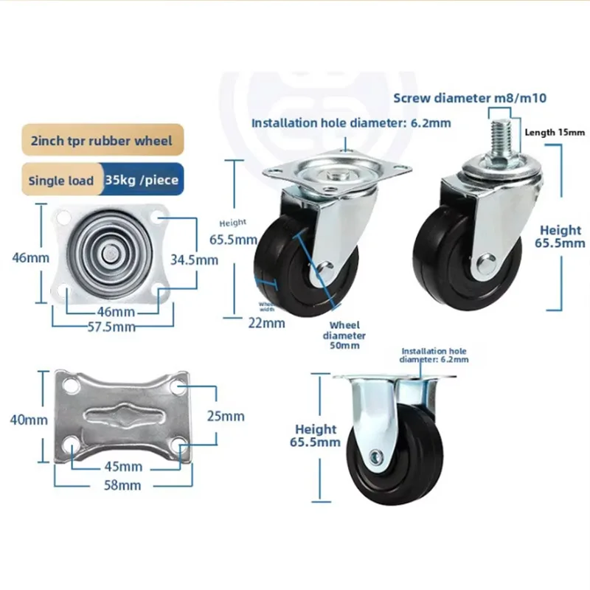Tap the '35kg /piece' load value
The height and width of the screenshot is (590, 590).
click(142, 179)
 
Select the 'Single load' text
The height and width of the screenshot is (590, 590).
click(61, 180)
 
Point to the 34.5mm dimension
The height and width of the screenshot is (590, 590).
click(194, 259)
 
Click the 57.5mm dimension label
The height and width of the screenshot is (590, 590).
click(113, 326)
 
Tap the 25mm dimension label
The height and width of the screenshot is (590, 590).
click(226, 416)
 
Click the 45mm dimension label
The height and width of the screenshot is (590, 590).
click(121, 466)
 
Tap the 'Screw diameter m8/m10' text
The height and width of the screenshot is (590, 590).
click(470, 97)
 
